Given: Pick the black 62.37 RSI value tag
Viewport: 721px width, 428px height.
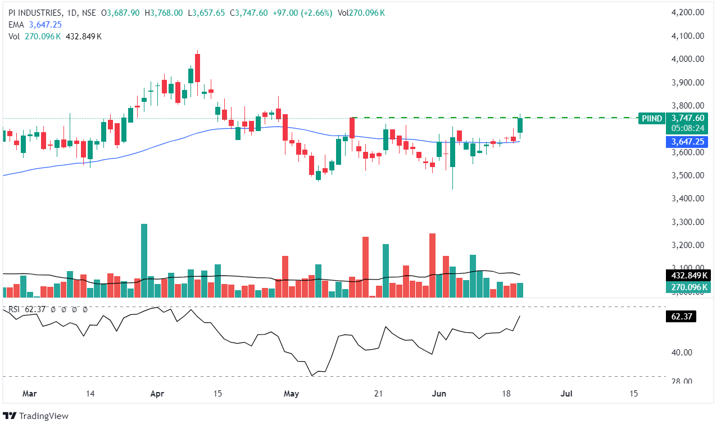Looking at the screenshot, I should (x=680, y=317).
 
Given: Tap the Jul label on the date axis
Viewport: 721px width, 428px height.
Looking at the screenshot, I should (x=566, y=394).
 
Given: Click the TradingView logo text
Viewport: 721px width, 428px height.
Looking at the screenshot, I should (x=44, y=416).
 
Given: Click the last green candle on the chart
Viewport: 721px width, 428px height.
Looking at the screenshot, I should (x=520, y=125).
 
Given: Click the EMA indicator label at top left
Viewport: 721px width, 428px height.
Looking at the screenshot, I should (x=15, y=25).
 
